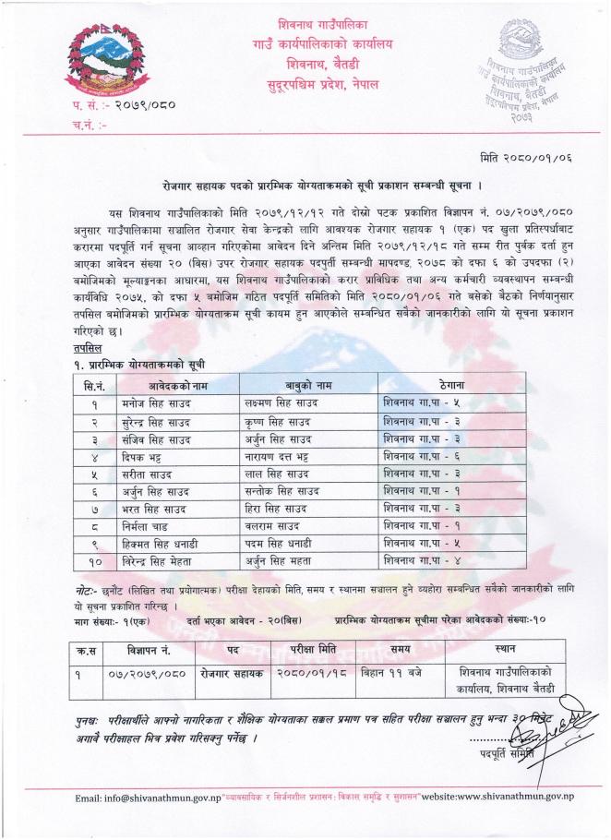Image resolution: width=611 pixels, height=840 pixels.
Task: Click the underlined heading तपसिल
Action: pos(87,349)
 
